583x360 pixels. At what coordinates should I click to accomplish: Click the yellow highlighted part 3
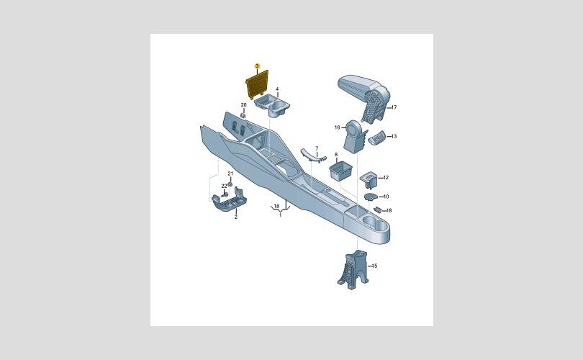257,84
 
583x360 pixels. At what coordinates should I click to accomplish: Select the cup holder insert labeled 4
273,106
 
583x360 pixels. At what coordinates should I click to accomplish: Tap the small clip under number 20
243,116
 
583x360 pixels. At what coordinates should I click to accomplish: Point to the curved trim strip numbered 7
313,156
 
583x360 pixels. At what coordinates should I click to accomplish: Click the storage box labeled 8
340,171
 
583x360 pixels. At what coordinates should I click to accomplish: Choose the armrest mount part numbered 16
354,137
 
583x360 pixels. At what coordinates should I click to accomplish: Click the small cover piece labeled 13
377,138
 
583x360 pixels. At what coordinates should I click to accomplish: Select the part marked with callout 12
369,179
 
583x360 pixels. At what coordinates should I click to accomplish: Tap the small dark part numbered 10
371,197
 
